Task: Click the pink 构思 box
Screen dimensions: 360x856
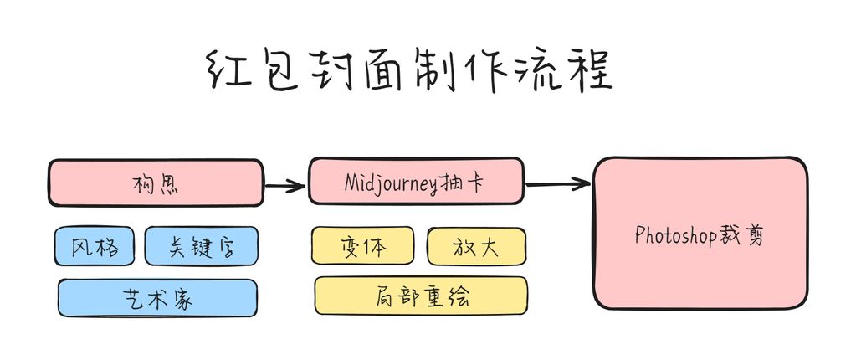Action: (156, 183)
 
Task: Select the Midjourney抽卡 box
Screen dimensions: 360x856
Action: (417, 181)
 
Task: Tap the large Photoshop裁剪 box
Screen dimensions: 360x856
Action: (700, 234)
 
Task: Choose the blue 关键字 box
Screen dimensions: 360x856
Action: (202, 246)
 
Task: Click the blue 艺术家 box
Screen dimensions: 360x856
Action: (157, 298)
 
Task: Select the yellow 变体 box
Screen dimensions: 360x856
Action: (362, 245)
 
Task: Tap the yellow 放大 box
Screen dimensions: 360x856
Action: (476, 245)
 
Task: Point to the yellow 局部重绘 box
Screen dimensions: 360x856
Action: (421, 296)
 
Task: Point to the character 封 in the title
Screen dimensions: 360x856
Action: (339, 72)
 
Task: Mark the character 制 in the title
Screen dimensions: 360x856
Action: (448, 72)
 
